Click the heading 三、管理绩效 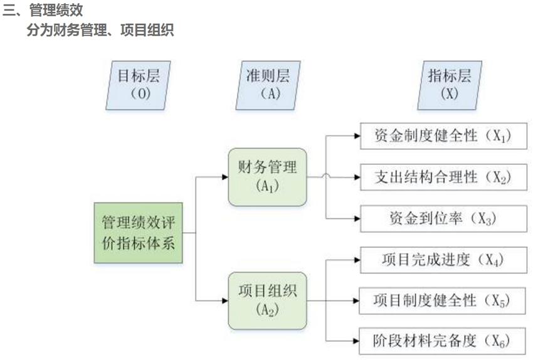click(x=43, y=11)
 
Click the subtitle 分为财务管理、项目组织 click(x=100, y=30)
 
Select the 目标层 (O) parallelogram click(x=139, y=84)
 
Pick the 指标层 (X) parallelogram click(x=450, y=84)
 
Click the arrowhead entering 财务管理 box click(x=224, y=177)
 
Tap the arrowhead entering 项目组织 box click(x=224, y=300)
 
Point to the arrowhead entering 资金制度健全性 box click(x=356, y=136)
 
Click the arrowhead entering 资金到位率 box click(x=356, y=218)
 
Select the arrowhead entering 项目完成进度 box click(x=356, y=259)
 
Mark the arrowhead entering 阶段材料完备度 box click(x=356, y=341)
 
